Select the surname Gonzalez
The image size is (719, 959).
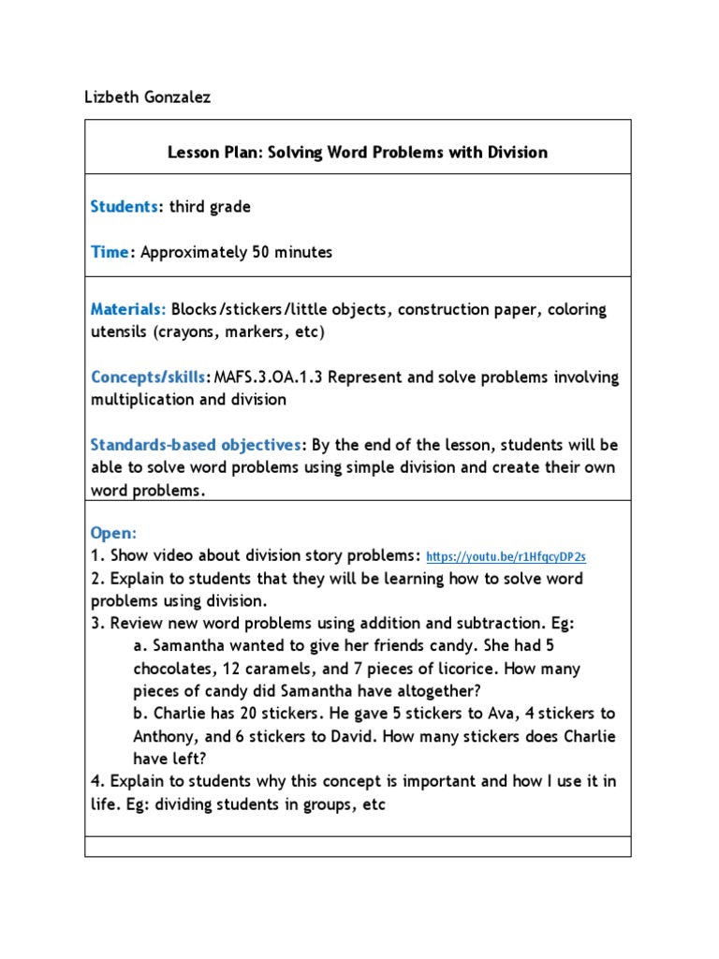(176, 97)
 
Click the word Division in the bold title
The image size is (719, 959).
(513, 152)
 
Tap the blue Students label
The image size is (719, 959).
(125, 207)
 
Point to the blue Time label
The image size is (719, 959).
(109, 252)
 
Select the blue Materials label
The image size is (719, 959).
(128, 309)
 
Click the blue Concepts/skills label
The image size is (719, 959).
(148, 376)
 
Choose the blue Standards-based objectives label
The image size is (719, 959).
(197, 444)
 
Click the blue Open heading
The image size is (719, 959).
(113, 532)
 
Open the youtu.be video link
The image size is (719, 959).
(506, 556)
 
